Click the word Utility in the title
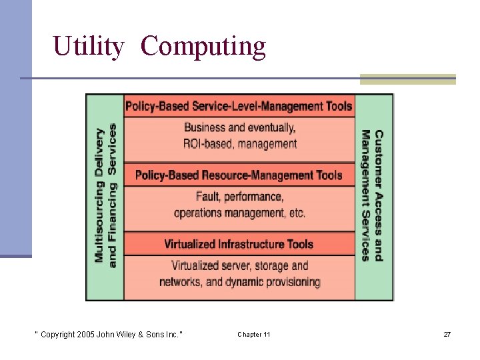click(x=88, y=47)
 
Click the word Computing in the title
click(x=203, y=47)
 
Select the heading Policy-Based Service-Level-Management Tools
click(x=239, y=106)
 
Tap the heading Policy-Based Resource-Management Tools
click(x=239, y=175)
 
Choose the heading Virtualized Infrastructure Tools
click(x=239, y=244)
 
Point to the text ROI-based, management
click(x=240, y=143)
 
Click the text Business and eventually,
click(x=240, y=127)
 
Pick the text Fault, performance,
click(x=239, y=197)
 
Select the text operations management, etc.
click(x=239, y=213)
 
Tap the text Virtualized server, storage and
click(x=240, y=265)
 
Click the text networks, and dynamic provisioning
click(x=240, y=282)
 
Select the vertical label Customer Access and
click(x=379, y=195)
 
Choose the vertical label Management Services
click(x=365, y=195)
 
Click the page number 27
click(x=447, y=334)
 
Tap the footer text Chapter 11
click(x=254, y=334)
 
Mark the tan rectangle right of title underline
click(x=407, y=79)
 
